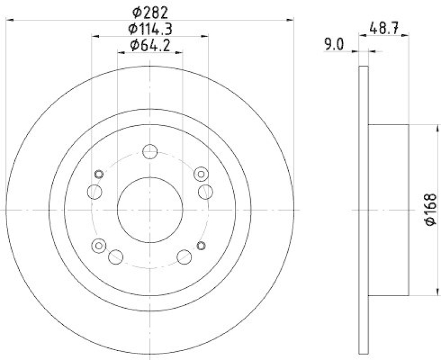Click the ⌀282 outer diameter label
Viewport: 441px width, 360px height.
click(x=149, y=11)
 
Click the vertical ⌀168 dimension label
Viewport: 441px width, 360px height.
click(x=431, y=209)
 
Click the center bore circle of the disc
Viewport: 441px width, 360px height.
click(x=150, y=210)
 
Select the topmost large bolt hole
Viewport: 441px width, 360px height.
click(x=149, y=152)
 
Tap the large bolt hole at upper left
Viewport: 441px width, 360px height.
click(x=95, y=192)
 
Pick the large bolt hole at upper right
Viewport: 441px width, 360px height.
click(x=205, y=192)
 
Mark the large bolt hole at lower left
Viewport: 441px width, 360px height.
click(x=116, y=256)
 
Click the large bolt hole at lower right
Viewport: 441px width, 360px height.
click(x=184, y=256)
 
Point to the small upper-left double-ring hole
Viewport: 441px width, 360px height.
click(x=99, y=174)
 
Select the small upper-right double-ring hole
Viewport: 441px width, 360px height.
click(x=201, y=174)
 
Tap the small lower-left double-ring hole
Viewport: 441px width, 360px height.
click(x=99, y=245)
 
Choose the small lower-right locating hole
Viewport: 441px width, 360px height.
click(x=201, y=245)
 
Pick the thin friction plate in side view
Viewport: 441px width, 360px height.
click(x=362, y=209)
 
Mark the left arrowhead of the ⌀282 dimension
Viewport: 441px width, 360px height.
click(x=9, y=20)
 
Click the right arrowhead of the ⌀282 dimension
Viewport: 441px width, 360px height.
click(x=291, y=20)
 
